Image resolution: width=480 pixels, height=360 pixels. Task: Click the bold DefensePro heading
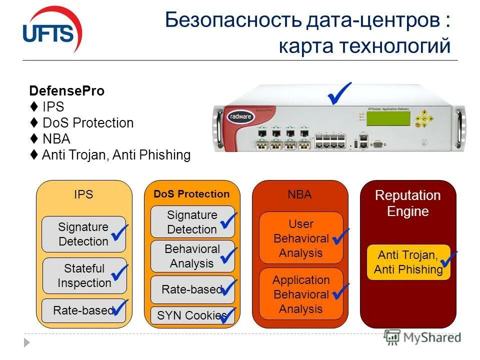(66, 91)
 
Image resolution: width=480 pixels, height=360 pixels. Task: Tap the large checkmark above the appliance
(339, 93)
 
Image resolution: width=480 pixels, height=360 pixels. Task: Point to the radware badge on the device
(242, 115)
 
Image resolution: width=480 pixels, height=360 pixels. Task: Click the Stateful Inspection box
(83, 275)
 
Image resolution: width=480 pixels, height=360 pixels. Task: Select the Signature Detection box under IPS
(83, 234)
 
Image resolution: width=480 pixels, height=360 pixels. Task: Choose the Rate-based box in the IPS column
(83, 310)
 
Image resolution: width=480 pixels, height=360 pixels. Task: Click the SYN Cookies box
(192, 315)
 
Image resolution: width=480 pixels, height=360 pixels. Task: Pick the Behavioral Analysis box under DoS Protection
(192, 256)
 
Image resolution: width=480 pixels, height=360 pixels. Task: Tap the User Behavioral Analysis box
(300, 238)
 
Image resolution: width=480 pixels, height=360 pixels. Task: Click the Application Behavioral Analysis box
(300, 294)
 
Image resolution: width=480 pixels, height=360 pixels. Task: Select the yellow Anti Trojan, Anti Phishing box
(408, 262)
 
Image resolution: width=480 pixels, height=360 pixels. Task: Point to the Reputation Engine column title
(408, 203)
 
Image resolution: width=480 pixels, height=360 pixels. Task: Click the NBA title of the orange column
(299, 195)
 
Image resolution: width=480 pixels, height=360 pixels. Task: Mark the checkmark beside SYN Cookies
(228, 315)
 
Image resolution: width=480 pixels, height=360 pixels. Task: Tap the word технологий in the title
(395, 46)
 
